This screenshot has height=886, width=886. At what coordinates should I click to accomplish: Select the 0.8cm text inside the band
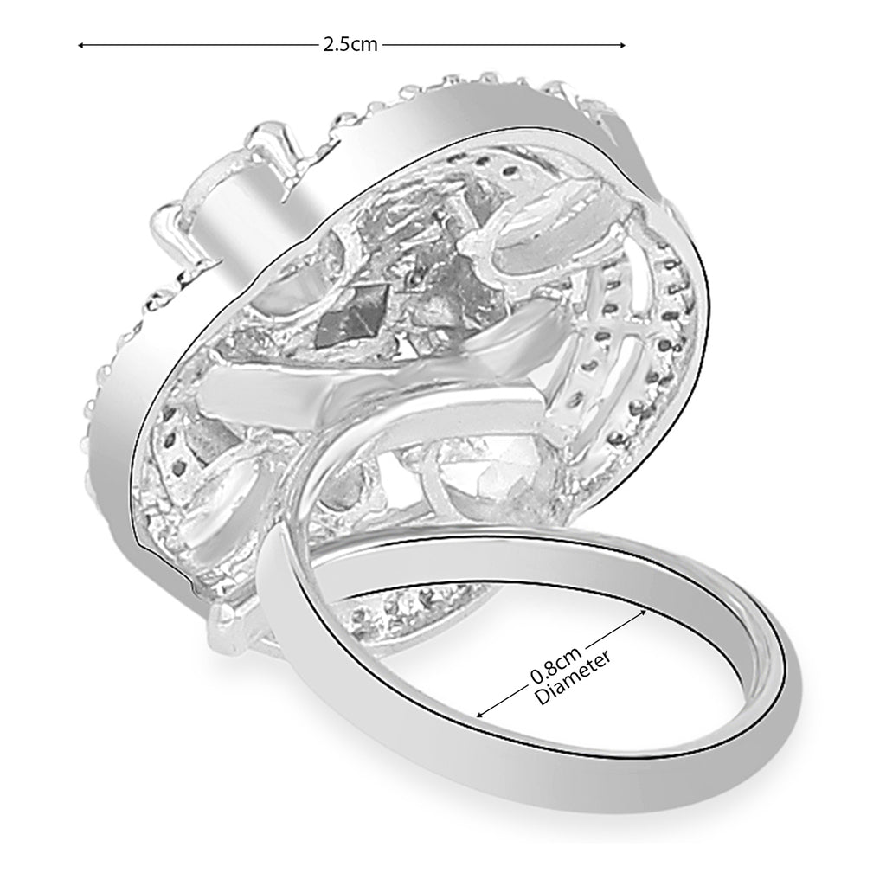pyautogui.click(x=552, y=661)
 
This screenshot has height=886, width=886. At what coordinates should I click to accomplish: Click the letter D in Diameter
pyautogui.click(x=543, y=699)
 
